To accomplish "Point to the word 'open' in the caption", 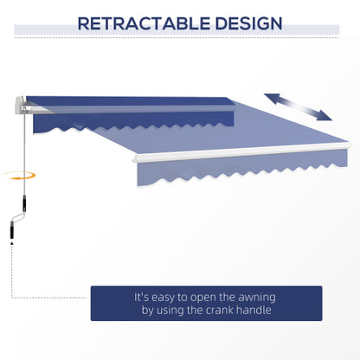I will point(208,296).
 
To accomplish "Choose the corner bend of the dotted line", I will point(11,303).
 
